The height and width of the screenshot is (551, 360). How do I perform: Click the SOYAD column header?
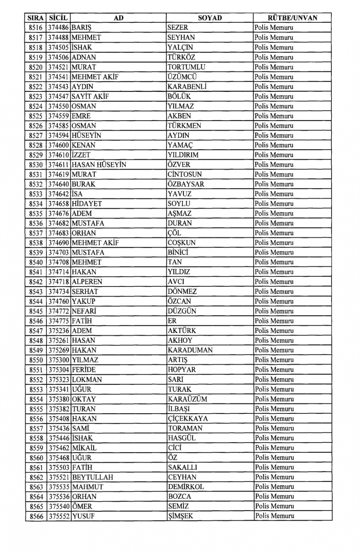[210, 18]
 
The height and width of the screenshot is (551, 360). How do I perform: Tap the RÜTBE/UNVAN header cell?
[292, 18]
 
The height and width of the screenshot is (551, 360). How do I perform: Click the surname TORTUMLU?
[186, 67]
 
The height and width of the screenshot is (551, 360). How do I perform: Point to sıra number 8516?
[36, 28]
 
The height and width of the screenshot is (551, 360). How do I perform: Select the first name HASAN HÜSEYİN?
[99, 165]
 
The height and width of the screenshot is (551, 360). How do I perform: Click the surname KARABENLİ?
[187, 87]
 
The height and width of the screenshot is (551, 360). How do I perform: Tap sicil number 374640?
[59, 184]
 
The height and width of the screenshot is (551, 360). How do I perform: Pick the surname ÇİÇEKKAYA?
[188, 419]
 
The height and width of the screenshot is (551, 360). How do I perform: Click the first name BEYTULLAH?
[93, 477]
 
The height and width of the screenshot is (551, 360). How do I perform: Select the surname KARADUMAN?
[190, 350]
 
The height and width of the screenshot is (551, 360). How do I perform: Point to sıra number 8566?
[36, 516]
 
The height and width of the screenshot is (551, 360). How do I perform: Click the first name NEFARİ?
[84, 311]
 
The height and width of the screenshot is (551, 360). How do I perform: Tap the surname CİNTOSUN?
[185, 175]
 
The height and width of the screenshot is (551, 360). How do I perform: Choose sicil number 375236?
[59, 331]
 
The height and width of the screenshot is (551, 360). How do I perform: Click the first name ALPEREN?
[87, 282]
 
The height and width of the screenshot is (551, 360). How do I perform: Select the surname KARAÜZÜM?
[188, 399]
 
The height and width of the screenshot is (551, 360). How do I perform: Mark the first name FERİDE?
[84, 370]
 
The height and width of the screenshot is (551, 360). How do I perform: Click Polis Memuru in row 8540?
[274, 262]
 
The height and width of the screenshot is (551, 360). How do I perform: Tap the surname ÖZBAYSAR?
[186, 184]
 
